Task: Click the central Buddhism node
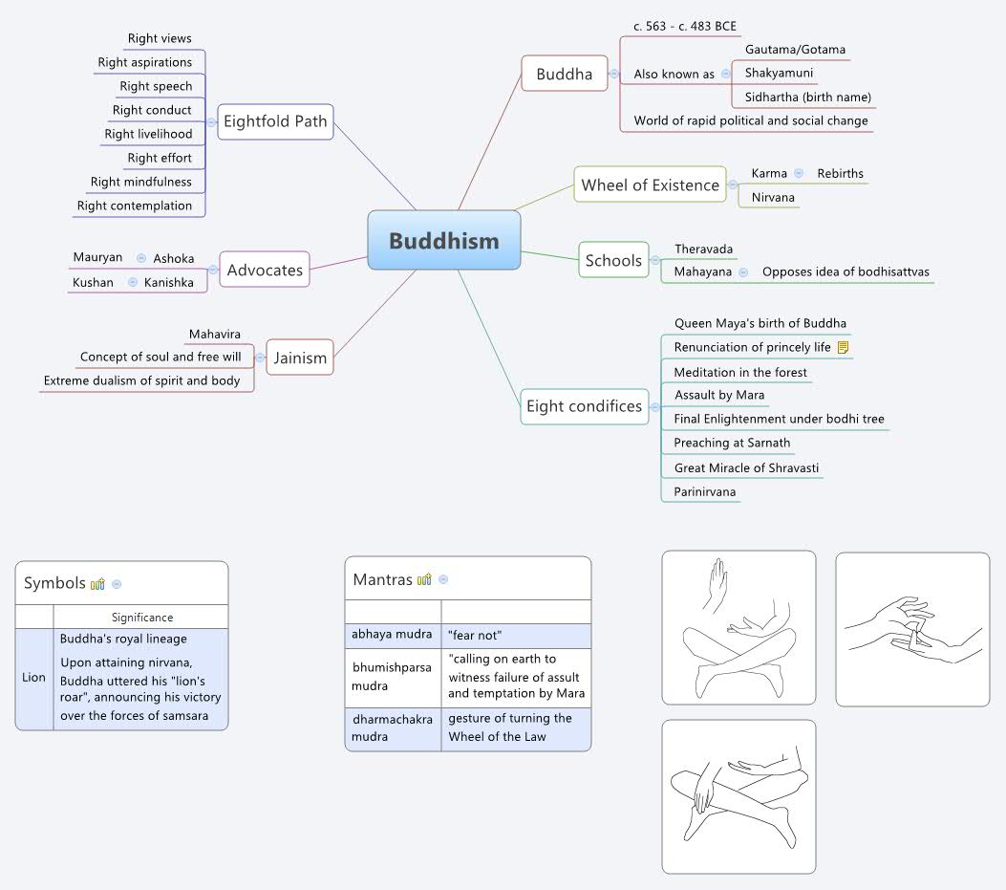pos(444,240)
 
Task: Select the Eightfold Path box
pos(275,121)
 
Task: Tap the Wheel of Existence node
pos(650,185)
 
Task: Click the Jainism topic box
pos(300,358)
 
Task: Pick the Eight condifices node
pos(584,406)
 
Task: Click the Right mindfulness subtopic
pos(141,182)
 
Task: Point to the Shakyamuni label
pos(780,73)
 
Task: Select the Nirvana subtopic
pos(772,198)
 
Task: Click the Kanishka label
pos(169,282)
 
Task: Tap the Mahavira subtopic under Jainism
pos(215,334)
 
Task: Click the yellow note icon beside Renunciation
pos(843,347)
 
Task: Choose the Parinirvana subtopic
pos(705,491)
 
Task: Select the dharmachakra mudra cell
pos(393,727)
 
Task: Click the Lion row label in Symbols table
pos(34,677)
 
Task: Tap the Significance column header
pos(142,618)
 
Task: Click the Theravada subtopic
pos(704,250)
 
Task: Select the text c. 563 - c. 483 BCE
pos(685,26)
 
